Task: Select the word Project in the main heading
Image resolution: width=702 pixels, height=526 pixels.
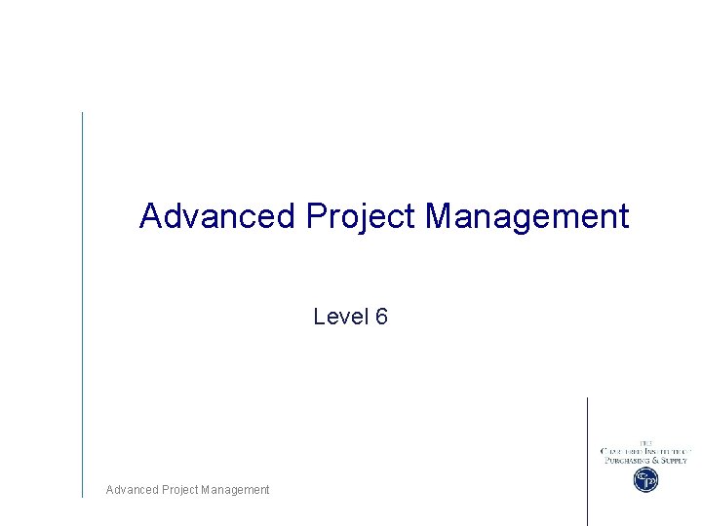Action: point(360,215)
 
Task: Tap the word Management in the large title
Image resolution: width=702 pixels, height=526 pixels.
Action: point(526,215)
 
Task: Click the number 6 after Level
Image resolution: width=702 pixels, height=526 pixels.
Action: point(381,317)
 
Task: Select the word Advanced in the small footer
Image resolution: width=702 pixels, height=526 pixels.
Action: point(130,490)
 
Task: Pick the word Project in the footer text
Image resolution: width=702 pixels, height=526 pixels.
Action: point(176,490)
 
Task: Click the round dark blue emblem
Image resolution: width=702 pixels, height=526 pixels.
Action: point(645,479)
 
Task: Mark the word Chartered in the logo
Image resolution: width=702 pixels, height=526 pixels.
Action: point(621,451)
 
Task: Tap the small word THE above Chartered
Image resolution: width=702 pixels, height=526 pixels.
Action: point(645,443)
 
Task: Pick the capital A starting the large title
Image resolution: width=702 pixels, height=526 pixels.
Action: point(150,215)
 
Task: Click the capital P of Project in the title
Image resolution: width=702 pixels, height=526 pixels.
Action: point(315,215)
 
